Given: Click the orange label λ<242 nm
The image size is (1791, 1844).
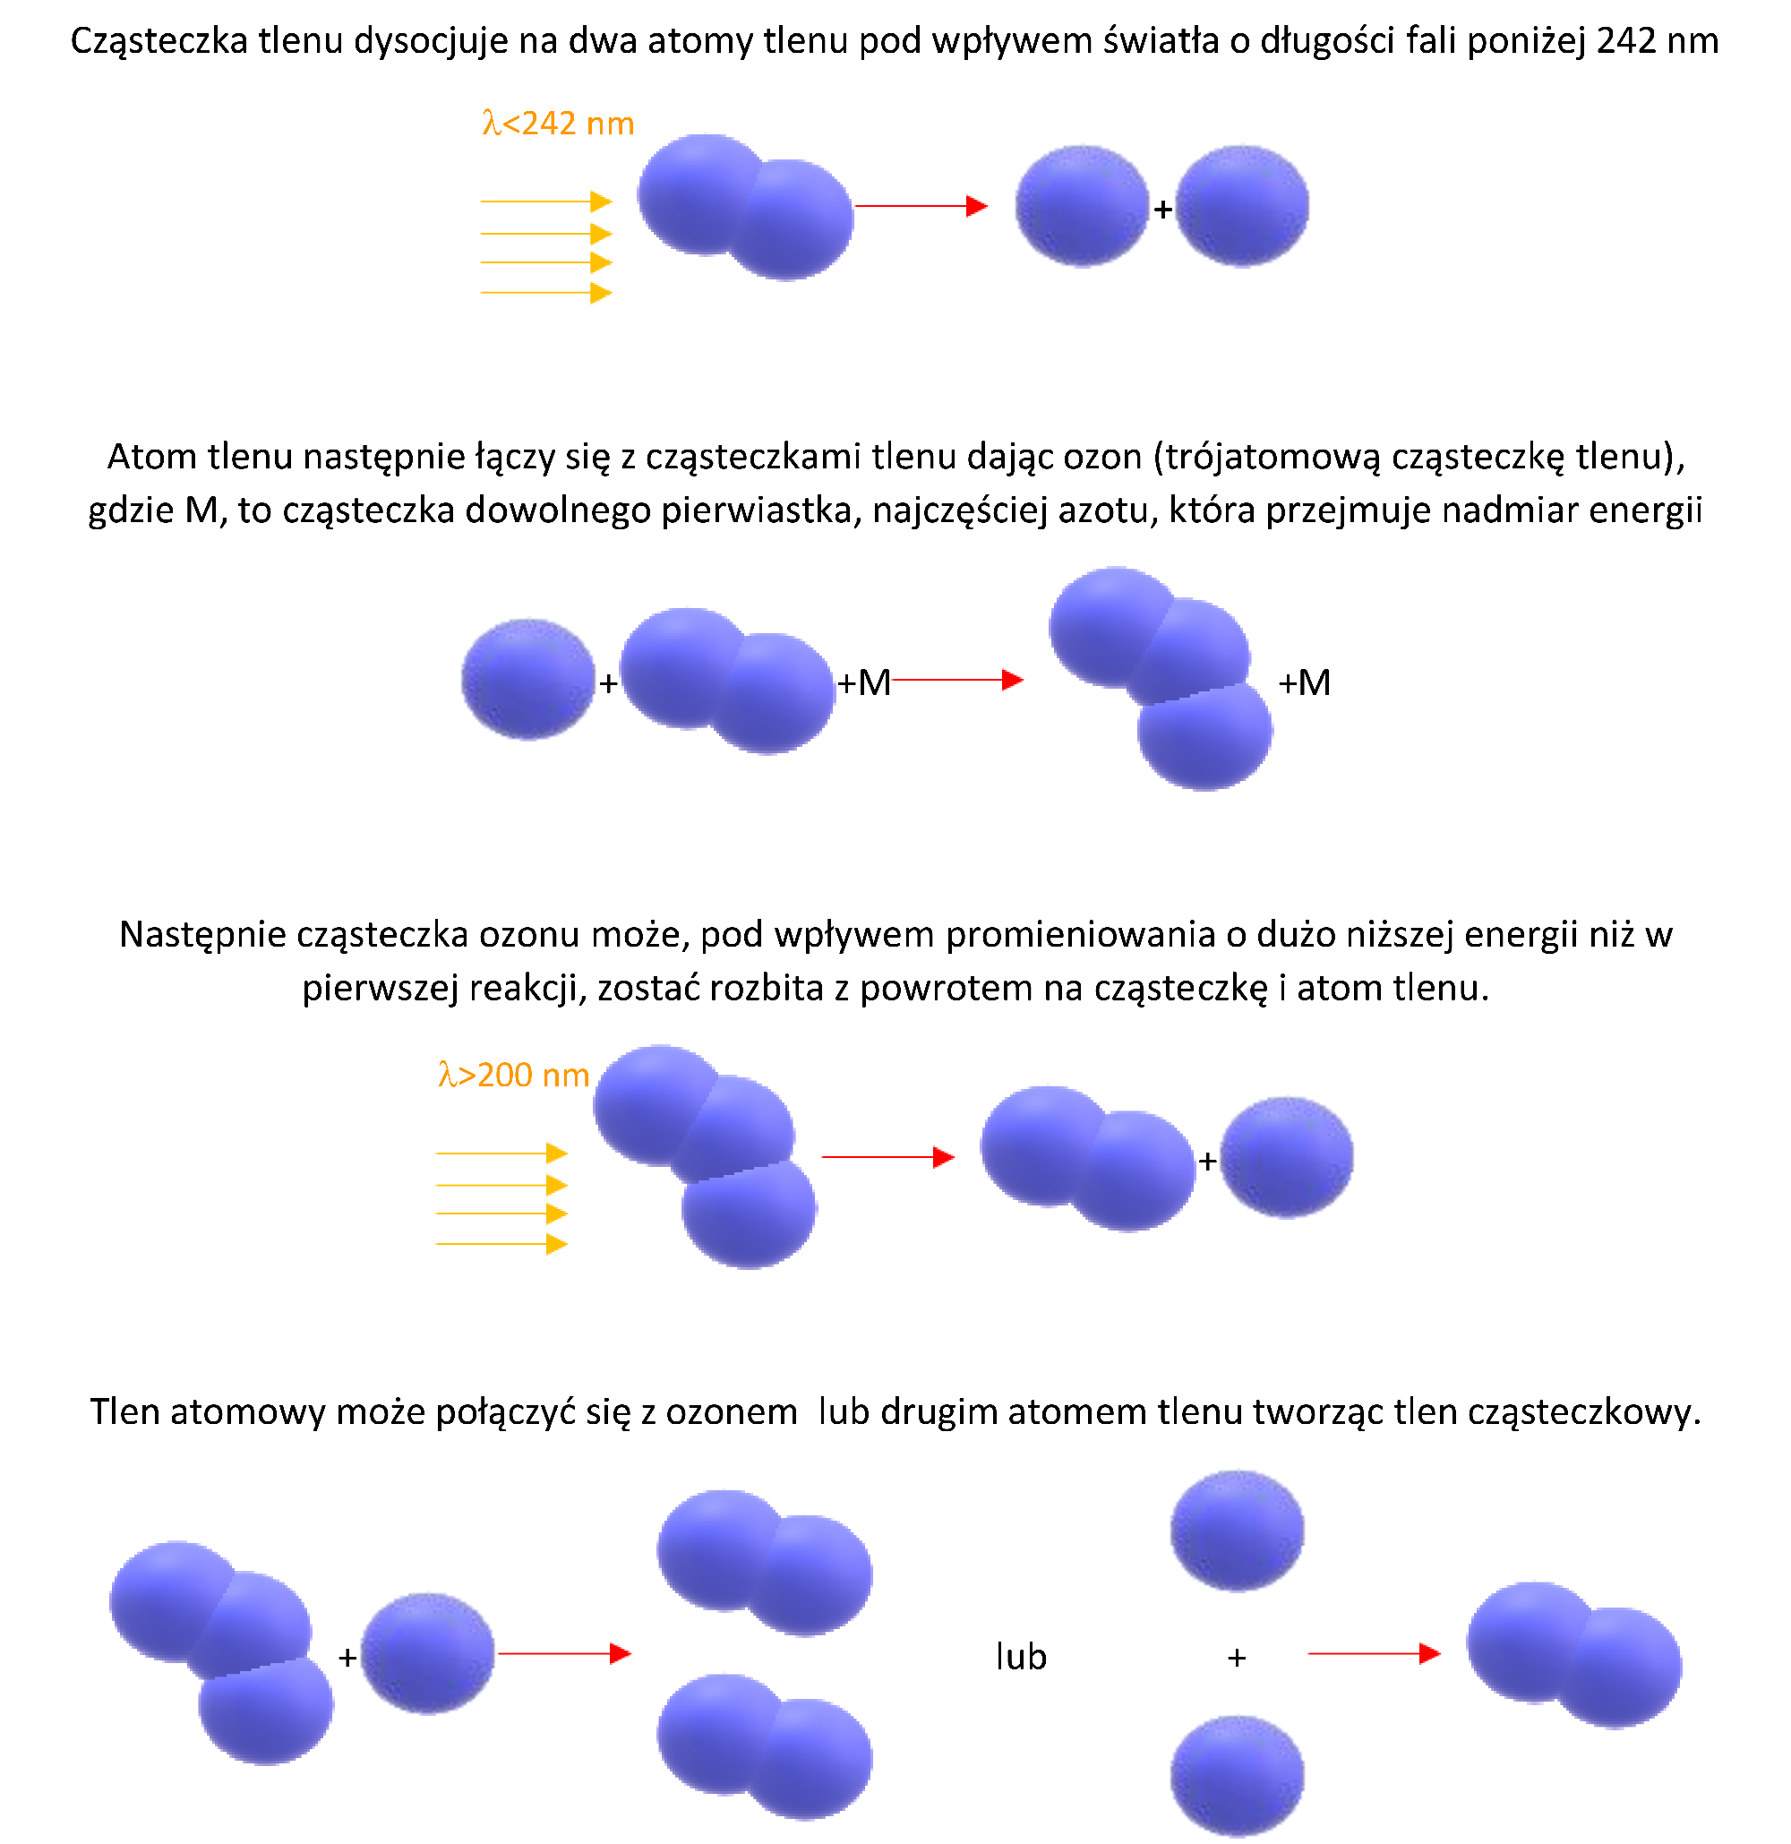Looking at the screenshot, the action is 558,124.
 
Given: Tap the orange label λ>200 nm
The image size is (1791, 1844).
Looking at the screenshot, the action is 514,1075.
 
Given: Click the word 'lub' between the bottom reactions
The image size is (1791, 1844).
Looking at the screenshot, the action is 1021,1656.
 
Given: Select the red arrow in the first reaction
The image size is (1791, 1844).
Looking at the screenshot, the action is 921,206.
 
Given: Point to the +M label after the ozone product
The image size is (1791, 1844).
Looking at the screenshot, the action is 1305,682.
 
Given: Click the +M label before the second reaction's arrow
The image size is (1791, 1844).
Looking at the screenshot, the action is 863,682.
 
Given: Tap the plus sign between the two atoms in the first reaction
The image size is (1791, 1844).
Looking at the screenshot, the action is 1162,209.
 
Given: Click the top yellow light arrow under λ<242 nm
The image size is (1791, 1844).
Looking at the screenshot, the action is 546,202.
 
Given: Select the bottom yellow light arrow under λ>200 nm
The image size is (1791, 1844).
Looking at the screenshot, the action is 502,1245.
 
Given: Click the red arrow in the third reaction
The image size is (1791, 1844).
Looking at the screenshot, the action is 889,1157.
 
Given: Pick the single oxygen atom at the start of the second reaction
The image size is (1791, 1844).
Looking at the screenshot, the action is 527,679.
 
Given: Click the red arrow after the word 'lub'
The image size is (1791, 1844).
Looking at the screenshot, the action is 1375,1653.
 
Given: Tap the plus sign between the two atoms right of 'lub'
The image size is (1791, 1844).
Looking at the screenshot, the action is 1237,1658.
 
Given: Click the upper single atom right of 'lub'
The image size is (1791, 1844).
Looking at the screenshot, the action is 1237,1531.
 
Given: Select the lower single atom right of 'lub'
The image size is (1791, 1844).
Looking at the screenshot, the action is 1237,1776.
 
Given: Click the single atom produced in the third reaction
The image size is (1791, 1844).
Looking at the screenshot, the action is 1287,1157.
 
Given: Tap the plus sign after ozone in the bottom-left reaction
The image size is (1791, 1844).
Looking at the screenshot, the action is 347,1658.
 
